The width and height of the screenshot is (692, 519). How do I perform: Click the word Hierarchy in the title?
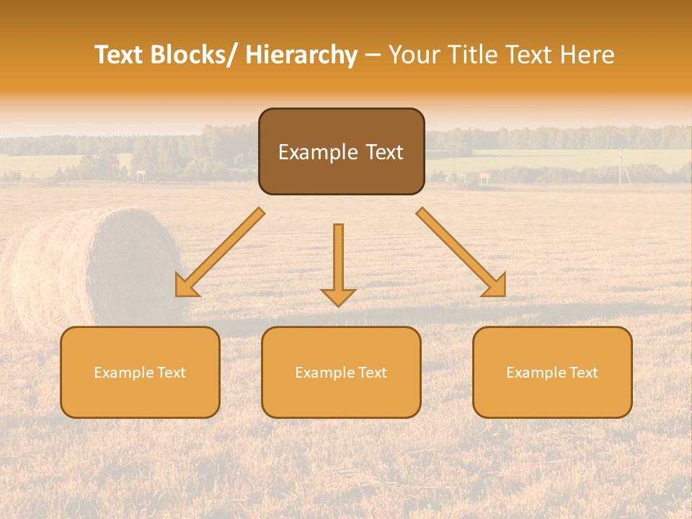[x=301, y=55]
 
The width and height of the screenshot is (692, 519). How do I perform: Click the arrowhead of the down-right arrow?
[x=496, y=287]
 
